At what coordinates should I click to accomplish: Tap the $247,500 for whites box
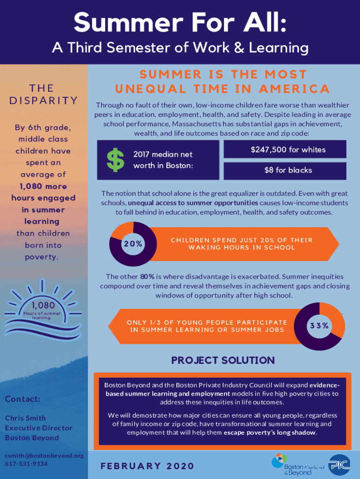tap(285, 150)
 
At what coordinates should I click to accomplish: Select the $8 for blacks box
tap(285, 170)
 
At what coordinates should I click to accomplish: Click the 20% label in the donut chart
tap(133, 244)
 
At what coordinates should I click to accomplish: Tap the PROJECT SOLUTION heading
tap(223, 360)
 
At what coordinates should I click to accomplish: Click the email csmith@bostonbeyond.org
tap(39, 455)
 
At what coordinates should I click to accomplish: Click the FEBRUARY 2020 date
tap(147, 466)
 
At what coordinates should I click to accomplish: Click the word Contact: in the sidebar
tap(23, 399)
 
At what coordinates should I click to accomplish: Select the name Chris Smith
tap(25, 418)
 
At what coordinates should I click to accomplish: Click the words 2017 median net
tap(163, 154)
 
